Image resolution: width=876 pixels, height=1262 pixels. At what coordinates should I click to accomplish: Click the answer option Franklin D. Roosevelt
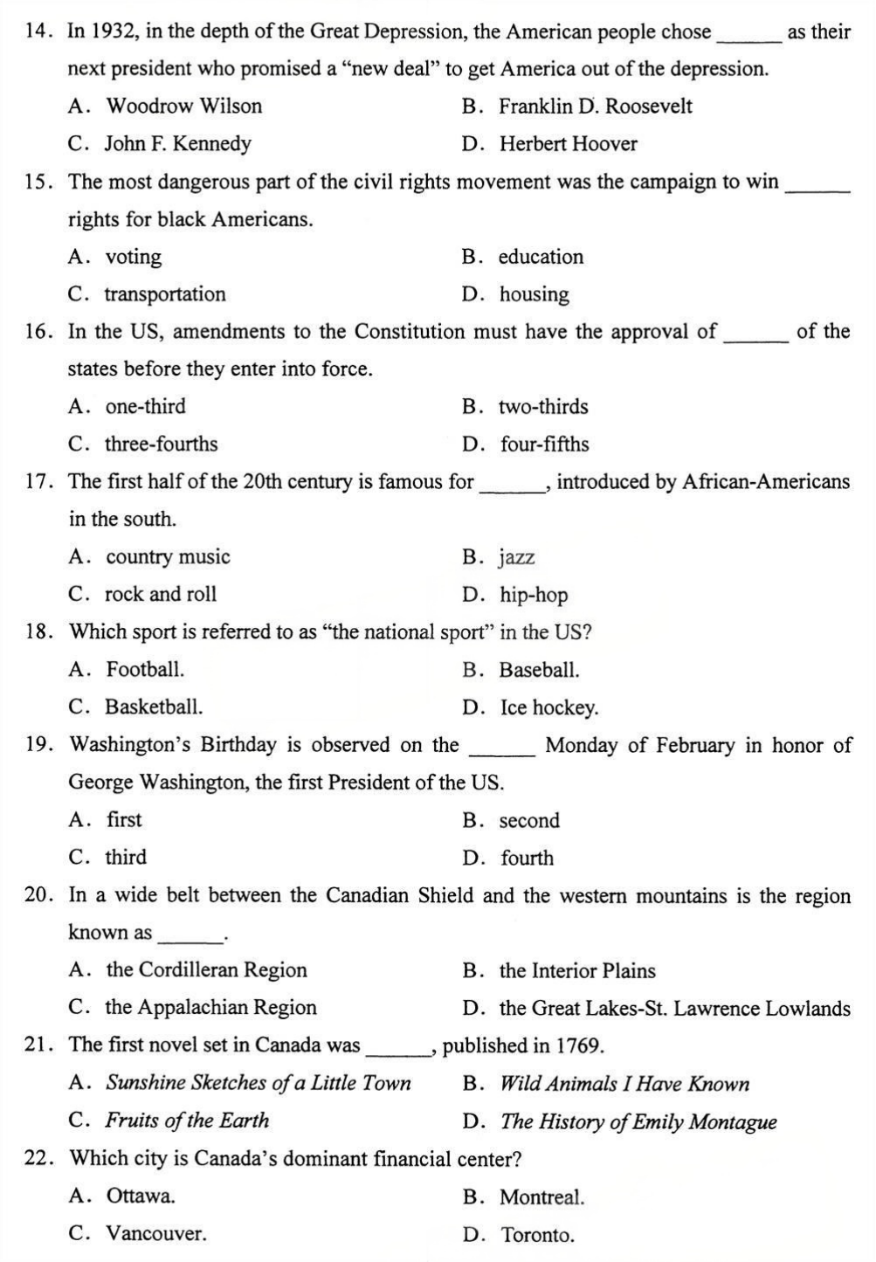tap(595, 107)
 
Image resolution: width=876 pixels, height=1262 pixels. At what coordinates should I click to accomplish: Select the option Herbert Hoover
tap(568, 144)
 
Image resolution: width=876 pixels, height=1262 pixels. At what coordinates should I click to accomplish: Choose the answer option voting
tap(133, 257)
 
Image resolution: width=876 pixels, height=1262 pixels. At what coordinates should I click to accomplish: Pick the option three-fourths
tap(161, 445)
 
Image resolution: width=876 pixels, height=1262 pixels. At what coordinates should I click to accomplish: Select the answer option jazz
tap(517, 557)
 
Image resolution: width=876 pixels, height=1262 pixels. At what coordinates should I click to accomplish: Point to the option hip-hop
tap(534, 596)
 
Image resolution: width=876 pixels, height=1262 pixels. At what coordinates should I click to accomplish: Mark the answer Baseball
tap(539, 671)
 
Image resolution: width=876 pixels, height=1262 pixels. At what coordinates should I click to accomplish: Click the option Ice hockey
tap(549, 707)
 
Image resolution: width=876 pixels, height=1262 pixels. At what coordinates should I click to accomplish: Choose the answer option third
tap(126, 858)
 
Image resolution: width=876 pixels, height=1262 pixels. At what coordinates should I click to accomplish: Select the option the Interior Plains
tap(577, 971)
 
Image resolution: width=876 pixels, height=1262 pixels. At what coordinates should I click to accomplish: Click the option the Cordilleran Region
tap(206, 970)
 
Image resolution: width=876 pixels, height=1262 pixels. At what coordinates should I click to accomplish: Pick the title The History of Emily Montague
tap(638, 1121)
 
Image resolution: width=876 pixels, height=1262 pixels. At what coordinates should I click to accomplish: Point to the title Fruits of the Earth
tap(187, 1121)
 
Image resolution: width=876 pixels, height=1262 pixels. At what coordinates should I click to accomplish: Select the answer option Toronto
tap(538, 1235)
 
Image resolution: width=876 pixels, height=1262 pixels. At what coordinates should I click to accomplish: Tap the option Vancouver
tap(156, 1234)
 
